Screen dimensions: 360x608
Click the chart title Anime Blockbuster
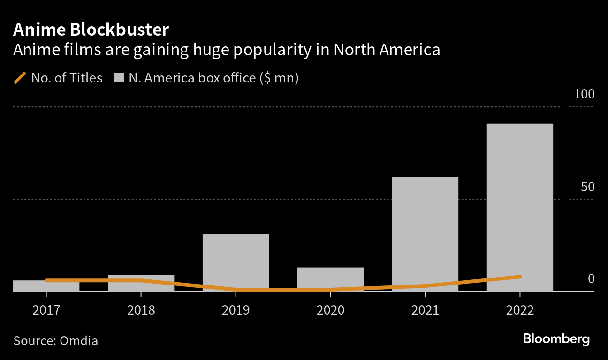click(x=91, y=30)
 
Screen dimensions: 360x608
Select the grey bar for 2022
click(x=520, y=206)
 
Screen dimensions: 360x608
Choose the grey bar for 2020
click(x=330, y=278)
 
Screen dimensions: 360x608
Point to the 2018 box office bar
click(x=141, y=283)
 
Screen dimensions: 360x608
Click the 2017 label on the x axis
click(x=46, y=310)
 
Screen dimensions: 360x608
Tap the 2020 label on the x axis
click(x=330, y=310)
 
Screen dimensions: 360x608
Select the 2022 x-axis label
click(x=520, y=310)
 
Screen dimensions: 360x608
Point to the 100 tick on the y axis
click(x=584, y=94)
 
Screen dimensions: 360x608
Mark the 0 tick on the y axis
click(x=591, y=279)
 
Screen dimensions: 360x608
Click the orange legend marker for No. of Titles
click(x=20, y=78)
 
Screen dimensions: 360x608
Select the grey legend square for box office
click(x=119, y=78)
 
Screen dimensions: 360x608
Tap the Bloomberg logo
click(x=556, y=339)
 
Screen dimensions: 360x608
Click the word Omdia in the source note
click(x=79, y=340)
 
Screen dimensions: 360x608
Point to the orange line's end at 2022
click(x=520, y=277)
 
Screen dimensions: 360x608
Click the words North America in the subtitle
click(x=387, y=50)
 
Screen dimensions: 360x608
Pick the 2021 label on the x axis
click(x=425, y=310)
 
